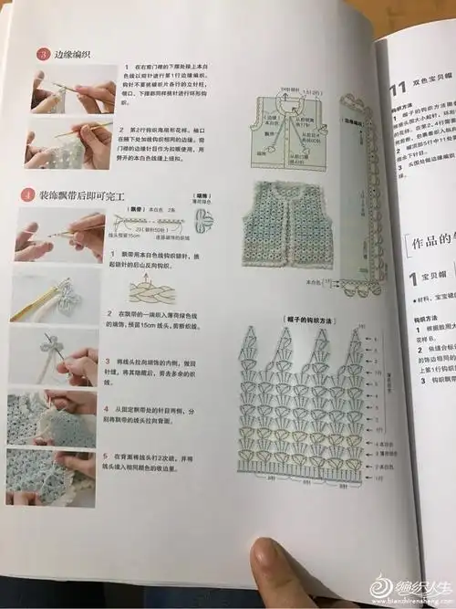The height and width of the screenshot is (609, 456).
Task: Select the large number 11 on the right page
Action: [398, 89]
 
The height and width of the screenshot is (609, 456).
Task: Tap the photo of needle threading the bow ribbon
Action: [61, 360]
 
